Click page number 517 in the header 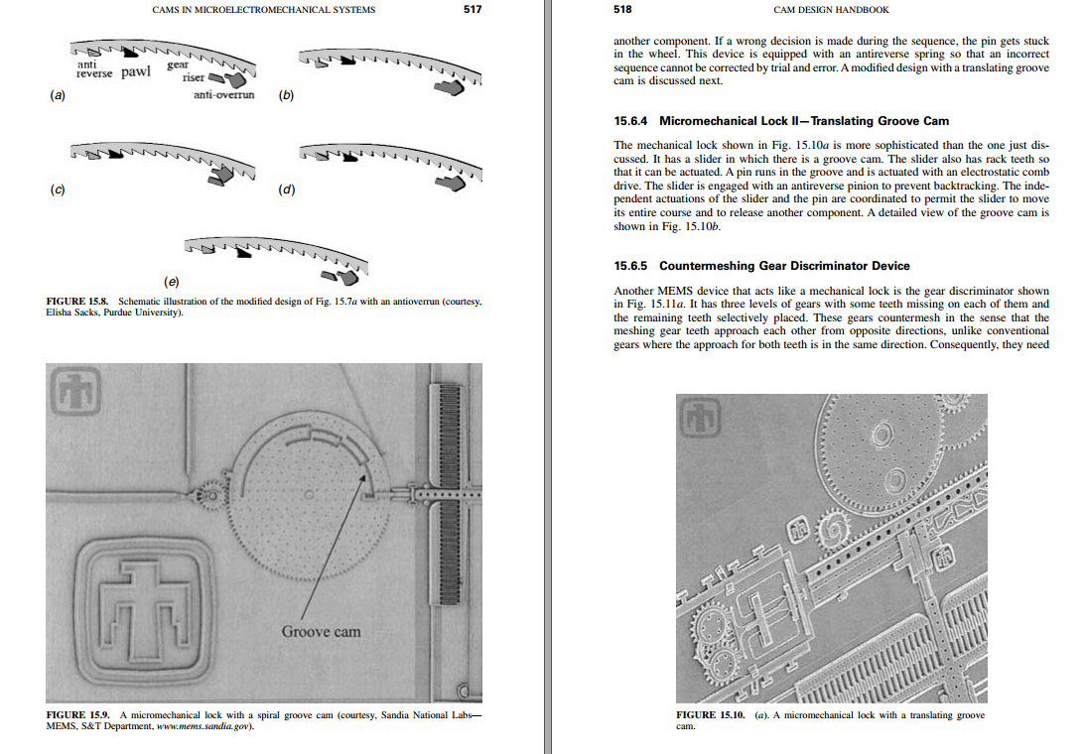[x=473, y=10]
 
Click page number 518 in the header [x=623, y=10]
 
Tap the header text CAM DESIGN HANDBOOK [x=831, y=10]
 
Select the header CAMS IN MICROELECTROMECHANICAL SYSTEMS [x=263, y=10]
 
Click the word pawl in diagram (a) [x=136, y=72]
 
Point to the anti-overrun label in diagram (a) [x=223, y=95]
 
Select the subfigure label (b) [x=287, y=96]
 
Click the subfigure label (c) [x=57, y=189]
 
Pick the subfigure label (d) [x=287, y=189]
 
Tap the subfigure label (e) [x=172, y=282]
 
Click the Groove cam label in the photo [x=321, y=631]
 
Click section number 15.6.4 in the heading [x=631, y=121]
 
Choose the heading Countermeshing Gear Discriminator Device [x=784, y=266]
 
